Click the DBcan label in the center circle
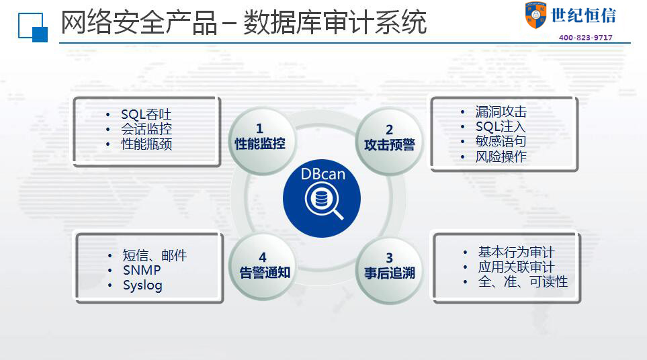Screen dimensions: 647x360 pyautogui.click(x=322, y=174)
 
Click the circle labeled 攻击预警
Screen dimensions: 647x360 pyautogui.click(x=389, y=140)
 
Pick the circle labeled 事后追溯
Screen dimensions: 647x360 pyautogui.click(x=390, y=271)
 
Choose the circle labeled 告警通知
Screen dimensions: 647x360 pyautogui.click(x=263, y=267)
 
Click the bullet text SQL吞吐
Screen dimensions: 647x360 pyautogui.click(x=146, y=114)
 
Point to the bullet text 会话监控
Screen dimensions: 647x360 pyautogui.click(x=146, y=129)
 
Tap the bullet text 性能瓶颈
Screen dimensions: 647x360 pyautogui.click(x=146, y=144)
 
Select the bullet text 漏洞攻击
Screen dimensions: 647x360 pyautogui.click(x=501, y=111)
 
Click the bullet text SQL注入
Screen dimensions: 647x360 pyautogui.click(x=501, y=126)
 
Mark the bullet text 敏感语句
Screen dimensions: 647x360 pyautogui.click(x=501, y=141)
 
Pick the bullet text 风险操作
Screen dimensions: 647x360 pyautogui.click(x=501, y=156)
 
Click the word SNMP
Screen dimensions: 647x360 pyautogui.click(x=142, y=270)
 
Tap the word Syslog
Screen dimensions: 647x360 pyautogui.click(x=142, y=285)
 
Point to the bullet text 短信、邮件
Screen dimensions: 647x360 pyautogui.click(x=155, y=255)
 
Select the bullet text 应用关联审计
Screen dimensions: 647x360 pyautogui.click(x=516, y=267)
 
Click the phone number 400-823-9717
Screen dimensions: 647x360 pyautogui.click(x=585, y=38)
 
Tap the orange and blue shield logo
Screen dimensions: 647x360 pyautogui.click(x=535, y=15)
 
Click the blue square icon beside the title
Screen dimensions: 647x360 pyautogui.click(x=33, y=28)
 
